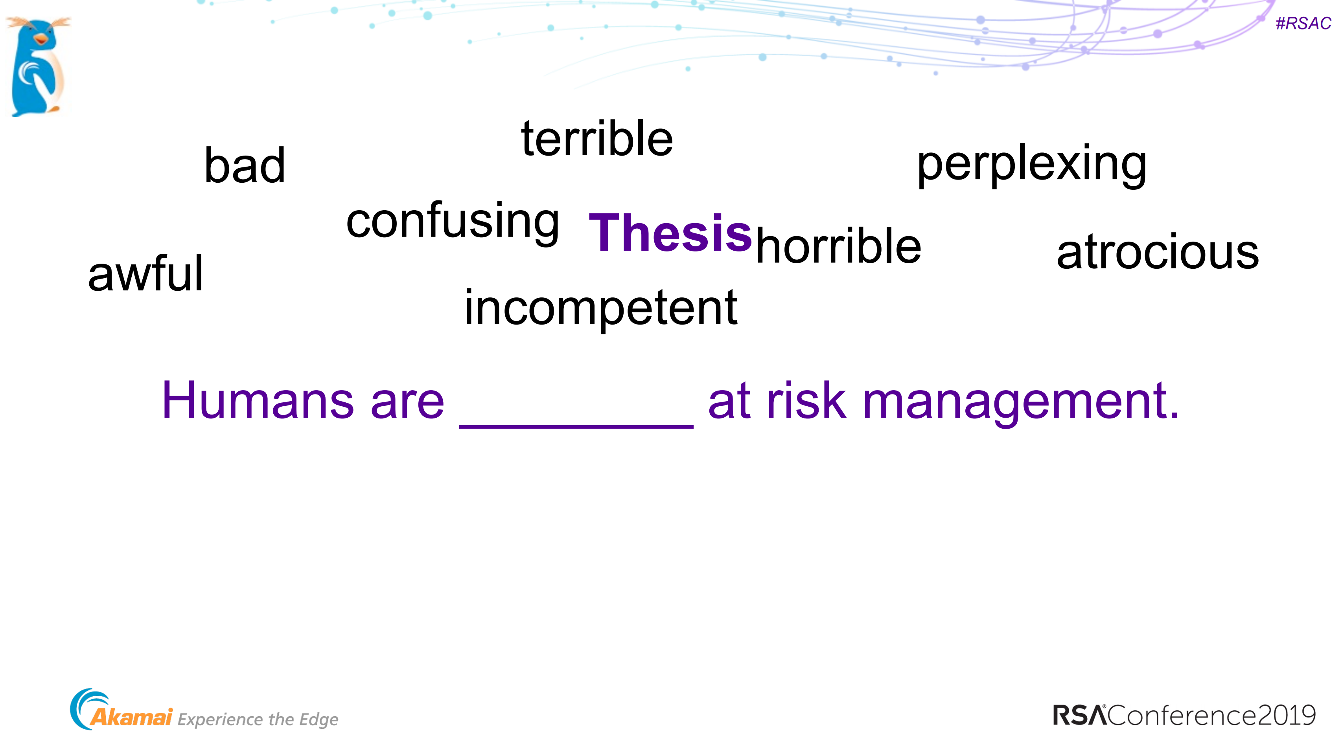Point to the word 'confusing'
(x=453, y=221)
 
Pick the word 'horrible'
(x=838, y=246)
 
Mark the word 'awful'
(x=145, y=274)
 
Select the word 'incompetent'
(x=600, y=308)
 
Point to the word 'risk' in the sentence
(x=806, y=401)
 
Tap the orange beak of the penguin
(x=40, y=39)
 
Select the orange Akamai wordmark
(x=131, y=717)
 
